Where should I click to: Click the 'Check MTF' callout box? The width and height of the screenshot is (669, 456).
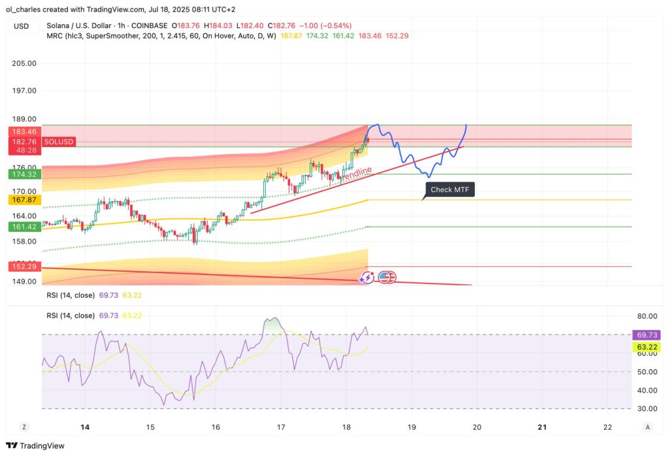(x=449, y=190)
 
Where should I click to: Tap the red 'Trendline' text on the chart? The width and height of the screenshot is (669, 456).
(x=357, y=174)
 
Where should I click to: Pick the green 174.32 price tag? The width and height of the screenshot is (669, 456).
(x=22, y=174)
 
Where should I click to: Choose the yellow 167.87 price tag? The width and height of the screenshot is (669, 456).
(x=22, y=199)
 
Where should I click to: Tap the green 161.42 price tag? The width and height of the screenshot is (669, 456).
(x=22, y=227)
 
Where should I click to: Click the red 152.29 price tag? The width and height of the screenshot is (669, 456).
(x=22, y=267)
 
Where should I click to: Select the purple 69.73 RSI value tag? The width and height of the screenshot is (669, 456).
(x=646, y=334)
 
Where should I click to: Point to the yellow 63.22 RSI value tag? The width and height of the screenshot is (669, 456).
(x=646, y=347)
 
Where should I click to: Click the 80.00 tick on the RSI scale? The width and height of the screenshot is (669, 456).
(x=645, y=315)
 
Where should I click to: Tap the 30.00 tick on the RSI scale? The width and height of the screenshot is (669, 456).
(x=645, y=409)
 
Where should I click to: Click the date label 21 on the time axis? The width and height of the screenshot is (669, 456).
(x=542, y=427)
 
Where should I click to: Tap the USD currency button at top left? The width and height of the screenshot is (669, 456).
(x=22, y=26)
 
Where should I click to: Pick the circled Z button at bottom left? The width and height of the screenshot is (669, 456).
(x=24, y=427)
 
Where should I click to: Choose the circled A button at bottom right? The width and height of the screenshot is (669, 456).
(x=647, y=427)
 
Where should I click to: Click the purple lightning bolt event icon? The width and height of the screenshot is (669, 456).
(x=367, y=278)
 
